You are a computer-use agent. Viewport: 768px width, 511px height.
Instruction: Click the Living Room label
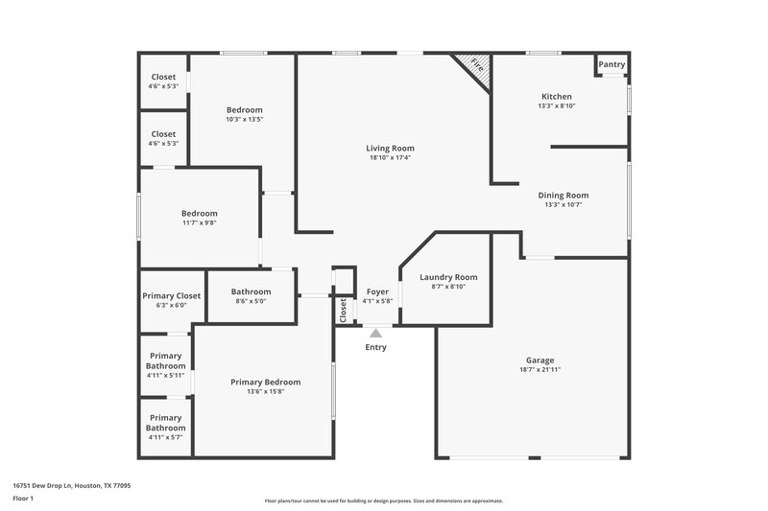click(x=390, y=148)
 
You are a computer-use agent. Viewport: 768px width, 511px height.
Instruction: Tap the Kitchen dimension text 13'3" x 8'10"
click(x=557, y=106)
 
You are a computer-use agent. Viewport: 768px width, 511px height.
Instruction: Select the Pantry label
click(x=612, y=65)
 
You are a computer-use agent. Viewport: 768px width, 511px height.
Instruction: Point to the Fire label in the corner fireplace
click(x=475, y=67)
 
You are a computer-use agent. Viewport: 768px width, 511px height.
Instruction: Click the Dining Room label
click(x=564, y=195)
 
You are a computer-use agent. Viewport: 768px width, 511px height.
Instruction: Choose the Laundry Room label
click(x=448, y=276)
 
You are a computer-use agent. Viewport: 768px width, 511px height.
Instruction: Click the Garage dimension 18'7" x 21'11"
click(x=540, y=369)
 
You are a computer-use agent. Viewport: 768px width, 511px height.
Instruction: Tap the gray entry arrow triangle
click(x=375, y=333)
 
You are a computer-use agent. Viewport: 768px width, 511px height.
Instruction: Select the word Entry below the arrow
click(x=375, y=347)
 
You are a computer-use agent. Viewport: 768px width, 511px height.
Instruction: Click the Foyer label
click(x=377, y=291)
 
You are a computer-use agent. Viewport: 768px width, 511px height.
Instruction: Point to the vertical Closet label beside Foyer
click(x=343, y=310)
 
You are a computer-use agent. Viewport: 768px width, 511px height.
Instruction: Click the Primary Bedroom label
click(x=265, y=382)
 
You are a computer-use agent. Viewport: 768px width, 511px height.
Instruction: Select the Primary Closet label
click(x=171, y=295)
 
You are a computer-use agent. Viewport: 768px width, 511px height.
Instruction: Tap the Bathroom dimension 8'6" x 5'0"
click(x=251, y=301)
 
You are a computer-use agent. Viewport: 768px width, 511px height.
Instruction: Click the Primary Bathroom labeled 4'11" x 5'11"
click(x=165, y=365)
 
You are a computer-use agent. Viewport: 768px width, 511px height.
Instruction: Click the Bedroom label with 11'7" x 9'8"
click(x=200, y=213)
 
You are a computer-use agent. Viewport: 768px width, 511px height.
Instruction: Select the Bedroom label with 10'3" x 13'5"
click(x=244, y=109)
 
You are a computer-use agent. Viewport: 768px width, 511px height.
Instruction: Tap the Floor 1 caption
click(x=23, y=499)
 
